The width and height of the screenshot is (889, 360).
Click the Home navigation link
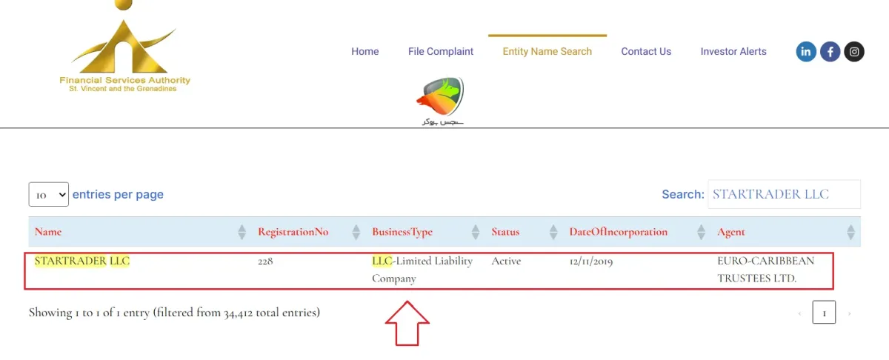pyautogui.click(x=364, y=52)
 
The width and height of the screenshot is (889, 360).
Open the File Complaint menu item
pyautogui.click(x=441, y=52)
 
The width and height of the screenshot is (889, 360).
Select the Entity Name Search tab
pyautogui.click(x=547, y=52)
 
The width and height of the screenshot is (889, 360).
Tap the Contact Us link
pyautogui.click(x=646, y=52)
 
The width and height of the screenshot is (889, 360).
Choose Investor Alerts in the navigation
pyautogui.click(x=733, y=52)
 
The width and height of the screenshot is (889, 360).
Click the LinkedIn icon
pyautogui.click(x=806, y=52)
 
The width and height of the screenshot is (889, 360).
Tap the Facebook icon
pyautogui.click(x=830, y=52)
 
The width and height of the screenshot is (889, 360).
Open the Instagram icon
pyautogui.click(x=854, y=52)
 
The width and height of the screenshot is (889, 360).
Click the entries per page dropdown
pyautogui.click(x=48, y=195)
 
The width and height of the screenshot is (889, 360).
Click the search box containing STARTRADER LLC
pyautogui.click(x=784, y=194)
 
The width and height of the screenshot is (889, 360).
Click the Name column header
pyautogui.click(x=48, y=232)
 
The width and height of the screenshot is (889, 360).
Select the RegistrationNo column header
pyautogui.click(x=293, y=232)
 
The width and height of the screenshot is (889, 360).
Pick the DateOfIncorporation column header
pyautogui.click(x=619, y=232)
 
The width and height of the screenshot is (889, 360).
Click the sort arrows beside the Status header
pyautogui.click(x=553, y=232)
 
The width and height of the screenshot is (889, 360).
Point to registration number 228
pyautogui.click(x=265, y=261)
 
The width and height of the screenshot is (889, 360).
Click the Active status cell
pyautogui.click(x=506, y=261)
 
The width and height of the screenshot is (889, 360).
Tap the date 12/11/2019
pyautogui.click(x=591, y=261)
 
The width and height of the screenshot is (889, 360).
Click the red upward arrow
pyautogui.click(x=407, y=324)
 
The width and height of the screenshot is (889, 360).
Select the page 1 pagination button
pyautogui.click(x=824, y=313)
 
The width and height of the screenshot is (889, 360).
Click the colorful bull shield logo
pyautogui.click(x=441, y=97)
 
